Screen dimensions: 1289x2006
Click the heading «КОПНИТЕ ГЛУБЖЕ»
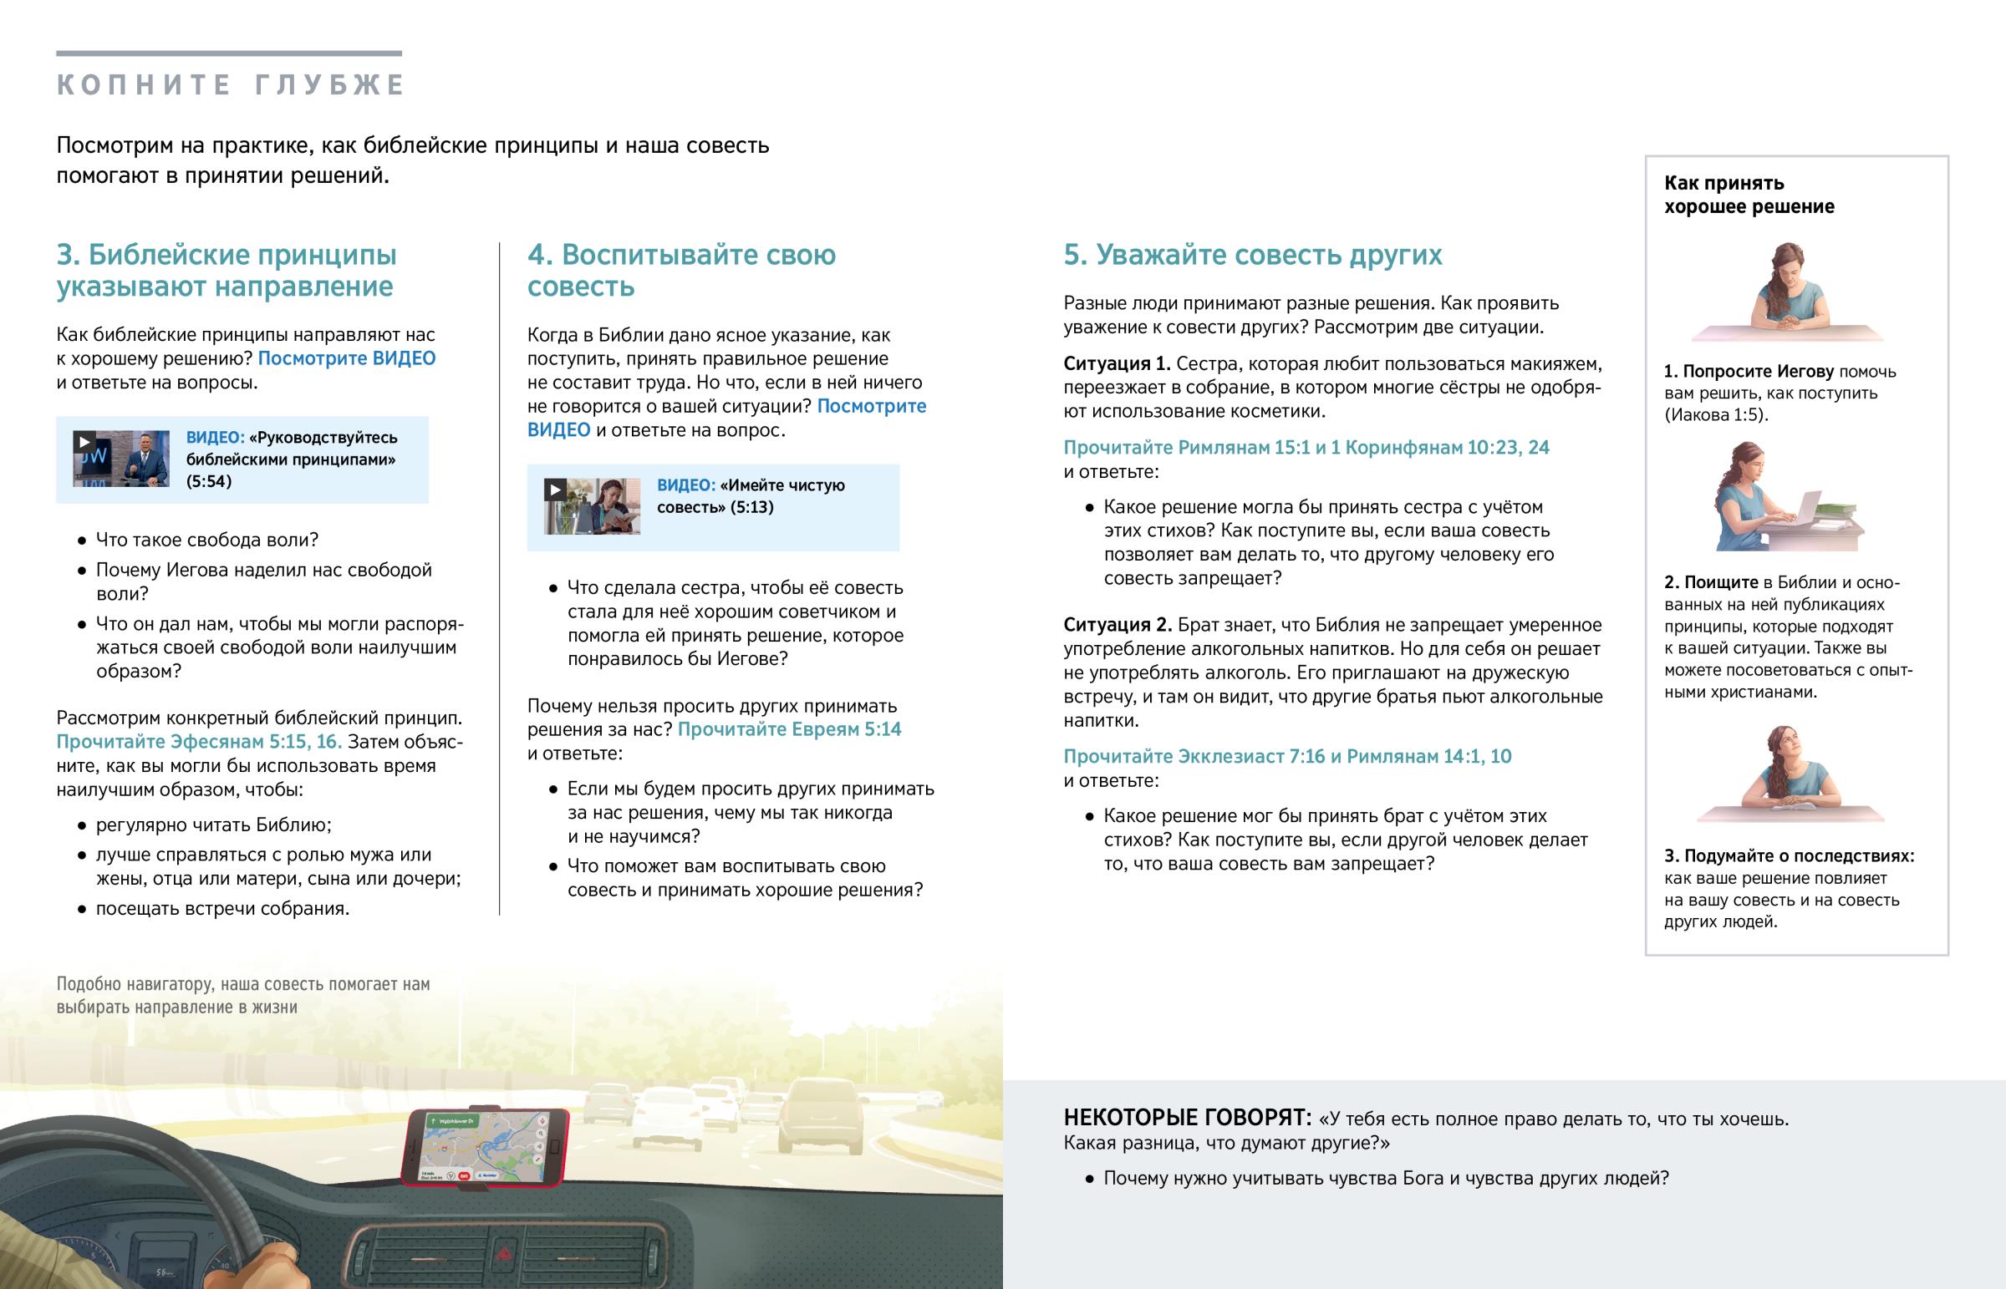[230, 85]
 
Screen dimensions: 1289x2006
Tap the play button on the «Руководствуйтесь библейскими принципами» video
[84, 442]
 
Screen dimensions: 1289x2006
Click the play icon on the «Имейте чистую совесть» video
[554, 490]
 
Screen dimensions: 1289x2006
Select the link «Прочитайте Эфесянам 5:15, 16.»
[198, 742]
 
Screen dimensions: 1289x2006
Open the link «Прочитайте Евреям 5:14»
[789, 729]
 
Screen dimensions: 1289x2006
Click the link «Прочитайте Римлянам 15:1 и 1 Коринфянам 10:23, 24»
[1306, 448]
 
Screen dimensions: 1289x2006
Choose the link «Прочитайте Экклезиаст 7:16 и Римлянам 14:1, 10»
[1287, 757]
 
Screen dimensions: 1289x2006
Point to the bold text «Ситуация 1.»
[1116, 364]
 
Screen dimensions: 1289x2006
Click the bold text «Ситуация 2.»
[1117, 625]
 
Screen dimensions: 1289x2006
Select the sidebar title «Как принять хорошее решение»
[1748, 195]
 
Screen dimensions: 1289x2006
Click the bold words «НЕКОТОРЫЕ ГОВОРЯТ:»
[1186, 1119]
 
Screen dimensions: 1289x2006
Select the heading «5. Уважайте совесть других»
[1251, 255]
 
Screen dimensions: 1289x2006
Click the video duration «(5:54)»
[208, 481]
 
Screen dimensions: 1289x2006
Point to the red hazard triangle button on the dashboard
[504, 1253]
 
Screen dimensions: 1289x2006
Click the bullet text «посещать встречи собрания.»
[221, 909]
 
